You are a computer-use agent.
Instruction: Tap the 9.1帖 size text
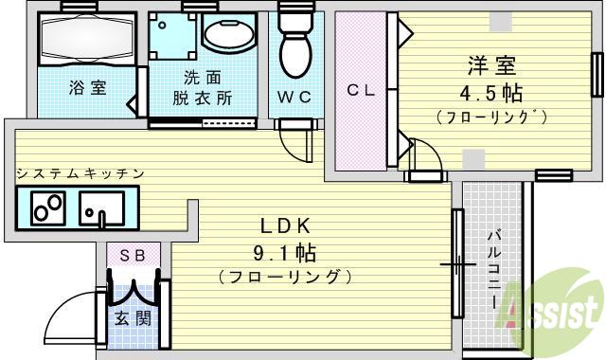(x=283, y=253)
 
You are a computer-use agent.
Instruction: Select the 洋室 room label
(x=491, y=67)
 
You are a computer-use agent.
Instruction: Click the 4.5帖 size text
(x=491, y=94)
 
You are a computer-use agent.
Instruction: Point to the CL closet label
(x=361, y=91)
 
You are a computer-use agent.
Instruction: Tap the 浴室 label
(x=86, y=88)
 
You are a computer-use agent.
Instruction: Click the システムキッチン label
(x=80, y=173)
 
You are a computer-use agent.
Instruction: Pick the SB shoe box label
(x=132, y=255)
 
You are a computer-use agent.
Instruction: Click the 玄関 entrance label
(x=133, y=318)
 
